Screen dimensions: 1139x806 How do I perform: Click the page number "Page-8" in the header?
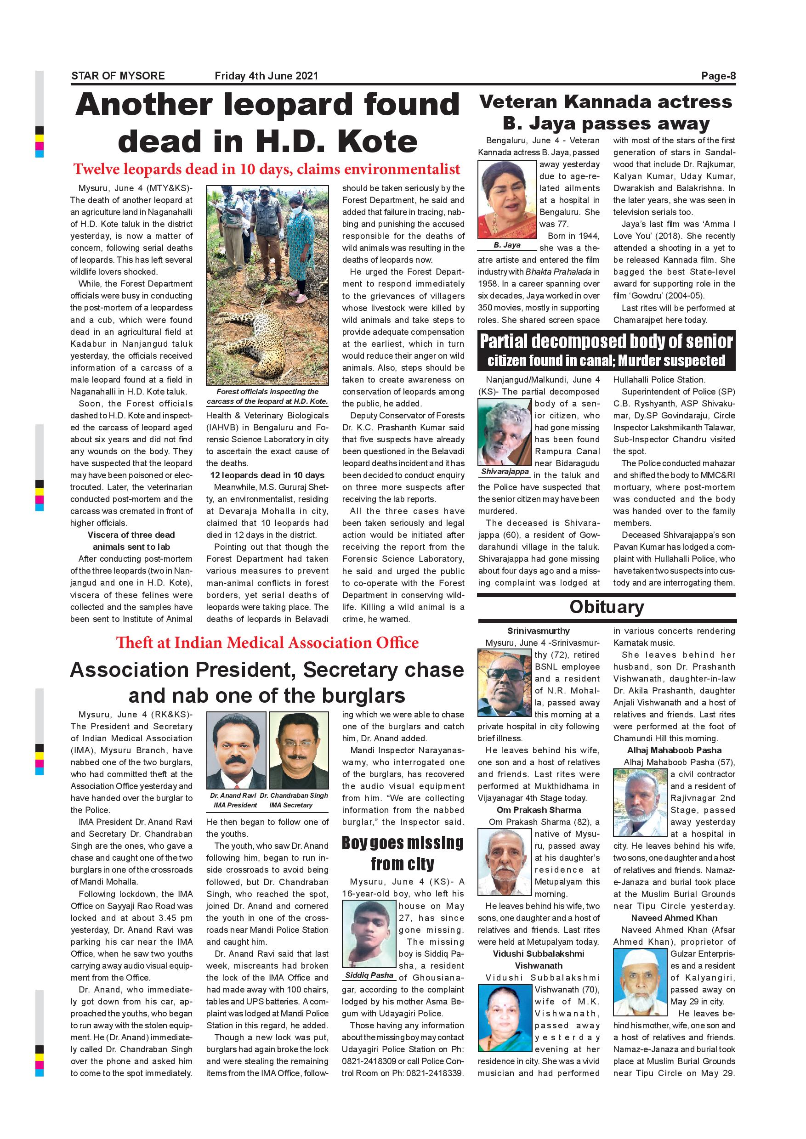[718, 76]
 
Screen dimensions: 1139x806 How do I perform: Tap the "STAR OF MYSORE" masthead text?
[118, 76]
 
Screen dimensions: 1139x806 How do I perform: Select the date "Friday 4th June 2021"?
[266, 76]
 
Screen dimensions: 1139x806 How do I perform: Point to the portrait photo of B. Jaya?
[507, 199]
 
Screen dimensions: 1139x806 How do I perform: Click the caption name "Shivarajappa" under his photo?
[505, 472]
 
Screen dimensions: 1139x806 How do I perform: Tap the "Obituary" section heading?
[607, 607]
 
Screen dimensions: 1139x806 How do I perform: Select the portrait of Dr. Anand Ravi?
[236, 750]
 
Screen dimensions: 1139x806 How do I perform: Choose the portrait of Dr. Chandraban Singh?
[298, 750]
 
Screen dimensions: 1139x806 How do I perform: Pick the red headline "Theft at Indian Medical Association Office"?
[267, 643]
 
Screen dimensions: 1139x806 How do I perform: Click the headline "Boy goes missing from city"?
[403, 853]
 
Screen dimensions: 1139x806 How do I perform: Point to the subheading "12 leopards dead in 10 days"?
[267, 475]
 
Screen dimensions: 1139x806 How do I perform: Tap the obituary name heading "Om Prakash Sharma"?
[539, 811]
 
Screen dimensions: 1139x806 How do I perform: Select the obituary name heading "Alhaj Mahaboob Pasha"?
[674, 750]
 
